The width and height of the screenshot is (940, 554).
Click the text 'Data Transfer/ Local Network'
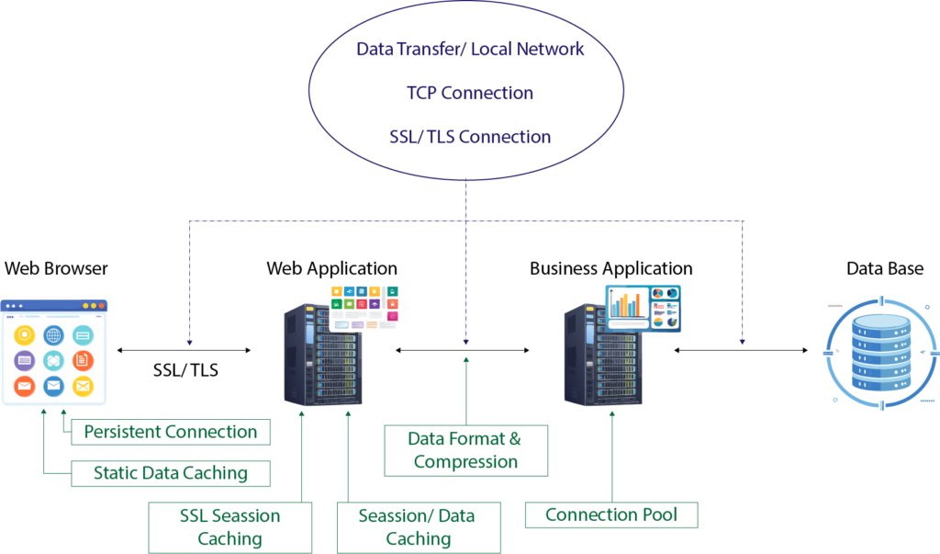tap(470, 50)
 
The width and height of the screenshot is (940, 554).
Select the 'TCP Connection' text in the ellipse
tap(469, 93)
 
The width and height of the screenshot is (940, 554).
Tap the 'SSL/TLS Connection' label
tap(469, 137)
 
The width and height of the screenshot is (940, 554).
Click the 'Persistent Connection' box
tap(171, 432)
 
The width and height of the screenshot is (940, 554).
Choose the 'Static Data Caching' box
tap(171, 474)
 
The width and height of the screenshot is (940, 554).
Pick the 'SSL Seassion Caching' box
tap(229, 527)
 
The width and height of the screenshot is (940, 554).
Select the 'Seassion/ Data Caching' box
tap(418, 527)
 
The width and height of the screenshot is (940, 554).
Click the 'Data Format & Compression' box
tap(466, 450)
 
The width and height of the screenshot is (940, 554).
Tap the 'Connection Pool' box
tap(610, 514)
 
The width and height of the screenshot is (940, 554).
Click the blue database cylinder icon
tap(880, 352)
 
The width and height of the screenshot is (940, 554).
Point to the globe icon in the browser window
tap(53, 335)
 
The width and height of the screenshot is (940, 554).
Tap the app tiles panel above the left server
tap(364, 307)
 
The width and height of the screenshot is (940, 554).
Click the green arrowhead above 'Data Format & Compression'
tap(466, 359)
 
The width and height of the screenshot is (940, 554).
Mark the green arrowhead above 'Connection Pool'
tap(611, 415)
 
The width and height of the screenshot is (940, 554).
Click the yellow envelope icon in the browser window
tap(83, 386)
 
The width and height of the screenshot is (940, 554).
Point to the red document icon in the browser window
tap(83, 360)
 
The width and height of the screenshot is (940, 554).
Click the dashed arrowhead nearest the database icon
tap(743, 342)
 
